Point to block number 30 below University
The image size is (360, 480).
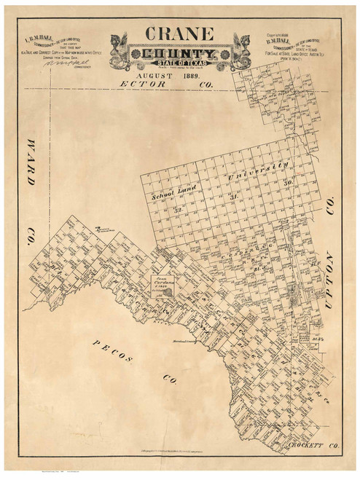(x=289, y=182)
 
